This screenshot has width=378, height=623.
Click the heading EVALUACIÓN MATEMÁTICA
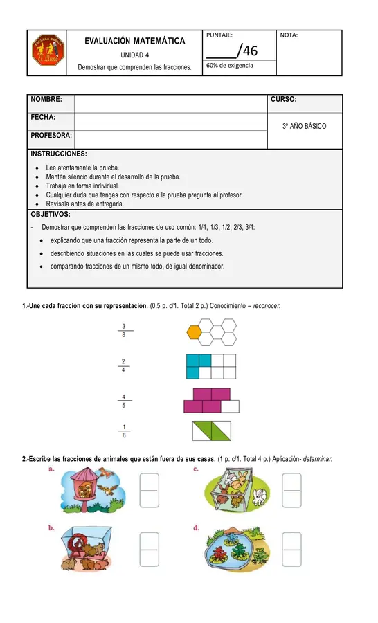coord(134,42)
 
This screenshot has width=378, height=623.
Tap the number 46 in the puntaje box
coord(250,50)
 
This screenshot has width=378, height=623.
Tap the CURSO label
coord(284,100)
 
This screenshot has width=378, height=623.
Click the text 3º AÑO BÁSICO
coord(305,127)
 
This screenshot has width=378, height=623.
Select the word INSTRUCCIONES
coord(58,154)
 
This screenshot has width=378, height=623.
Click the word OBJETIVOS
coord(51,214)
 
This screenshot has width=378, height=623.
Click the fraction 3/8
coord(123,330)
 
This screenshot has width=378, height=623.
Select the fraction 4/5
coord(123,401)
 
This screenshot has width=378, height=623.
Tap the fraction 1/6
coord(123,431)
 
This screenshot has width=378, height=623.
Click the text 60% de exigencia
coord(230,65)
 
